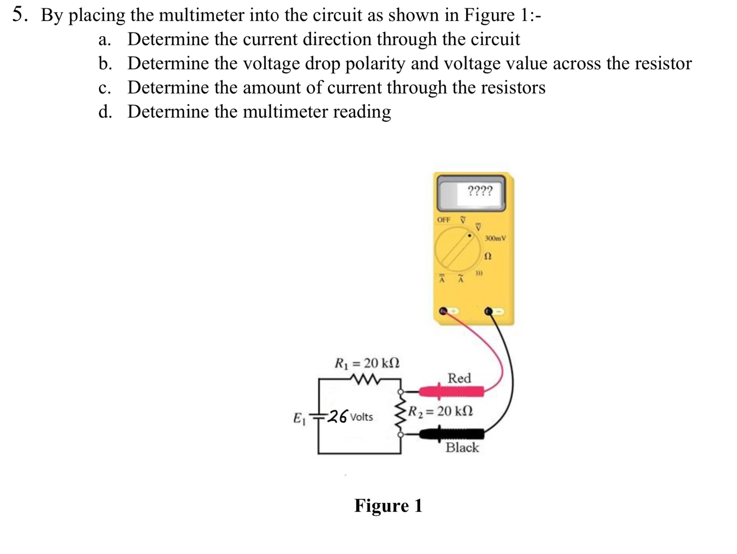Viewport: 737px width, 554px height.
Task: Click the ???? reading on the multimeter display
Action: tap(480, 191)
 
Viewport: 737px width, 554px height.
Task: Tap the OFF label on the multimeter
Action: tap(443, 220)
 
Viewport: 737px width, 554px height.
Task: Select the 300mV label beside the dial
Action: tap(495, 238)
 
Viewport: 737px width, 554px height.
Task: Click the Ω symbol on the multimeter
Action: tap(488, 256)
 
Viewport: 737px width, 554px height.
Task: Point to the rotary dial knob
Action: tap(458, 249)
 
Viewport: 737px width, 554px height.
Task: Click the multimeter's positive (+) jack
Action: tap(443, 311)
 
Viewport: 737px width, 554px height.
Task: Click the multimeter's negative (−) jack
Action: tap(489, 311)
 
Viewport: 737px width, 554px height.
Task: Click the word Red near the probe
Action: tap(459, 378)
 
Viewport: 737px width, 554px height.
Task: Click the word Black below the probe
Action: tap(462, 447)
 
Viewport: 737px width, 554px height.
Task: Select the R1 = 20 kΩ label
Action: tap(367, 363)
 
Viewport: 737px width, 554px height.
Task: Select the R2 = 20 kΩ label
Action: tap(440, 411)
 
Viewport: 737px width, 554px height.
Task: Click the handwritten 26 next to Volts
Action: tap(338, 416)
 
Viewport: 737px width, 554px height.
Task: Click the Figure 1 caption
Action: tap(388, 506)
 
